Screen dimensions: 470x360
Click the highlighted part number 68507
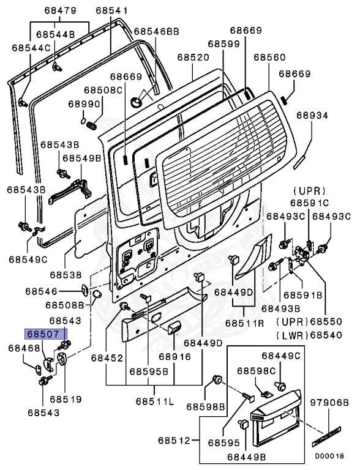(x=45, y=335)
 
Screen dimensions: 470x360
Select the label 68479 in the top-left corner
(x=60, y=10)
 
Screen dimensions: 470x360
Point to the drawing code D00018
(x=329, y=456)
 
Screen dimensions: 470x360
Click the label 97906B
(x=328, y=402)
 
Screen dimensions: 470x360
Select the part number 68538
(x=66, y=275)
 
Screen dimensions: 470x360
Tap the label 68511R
(x=245, y=322)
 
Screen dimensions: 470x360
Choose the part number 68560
(x=269, y=57)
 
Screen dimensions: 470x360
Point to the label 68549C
(x=28, y=259)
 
